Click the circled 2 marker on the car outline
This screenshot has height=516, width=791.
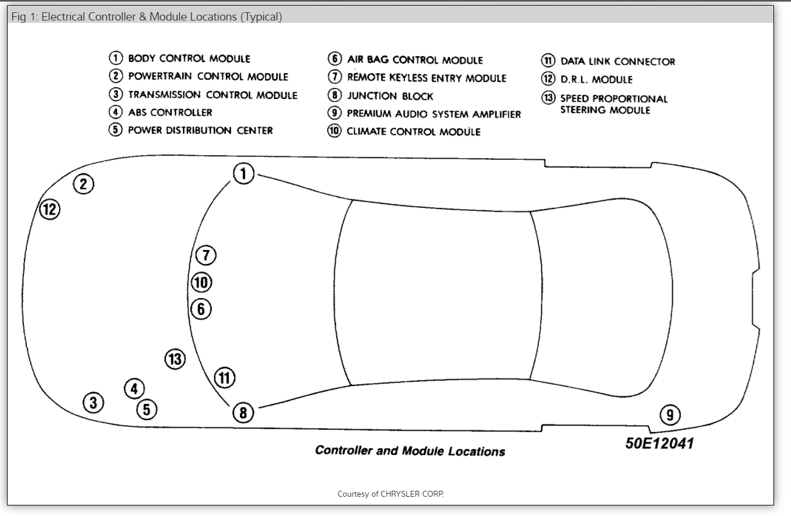pos(84,184)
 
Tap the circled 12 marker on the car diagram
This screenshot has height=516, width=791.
pos(50,209)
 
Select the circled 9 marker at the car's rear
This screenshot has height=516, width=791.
pos(670,415)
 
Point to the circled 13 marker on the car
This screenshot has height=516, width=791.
pos(175,359)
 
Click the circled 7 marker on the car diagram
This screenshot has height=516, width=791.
pos(205,255)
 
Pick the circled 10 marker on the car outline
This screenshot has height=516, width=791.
pos(201,282)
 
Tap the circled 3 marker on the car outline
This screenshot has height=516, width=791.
pos(93,402)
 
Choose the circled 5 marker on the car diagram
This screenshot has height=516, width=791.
pos(147,409)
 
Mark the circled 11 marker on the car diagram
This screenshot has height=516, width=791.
pos(225,378)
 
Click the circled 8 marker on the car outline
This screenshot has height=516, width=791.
pos(243,413)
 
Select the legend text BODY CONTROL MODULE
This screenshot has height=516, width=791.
pos(189,59)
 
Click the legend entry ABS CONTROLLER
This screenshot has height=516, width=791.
pos(170,112)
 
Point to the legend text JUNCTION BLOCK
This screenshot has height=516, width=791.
pos(390,96)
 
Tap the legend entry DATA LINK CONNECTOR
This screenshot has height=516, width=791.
pos(617,61)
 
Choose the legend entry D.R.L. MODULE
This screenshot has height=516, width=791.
pos(596,80)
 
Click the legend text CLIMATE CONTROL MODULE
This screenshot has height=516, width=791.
pos(413,132)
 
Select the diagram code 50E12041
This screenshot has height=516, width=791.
pos(659,443)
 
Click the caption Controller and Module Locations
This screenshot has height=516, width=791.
pos(410,450)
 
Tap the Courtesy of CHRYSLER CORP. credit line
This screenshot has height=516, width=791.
pos(390,494)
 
